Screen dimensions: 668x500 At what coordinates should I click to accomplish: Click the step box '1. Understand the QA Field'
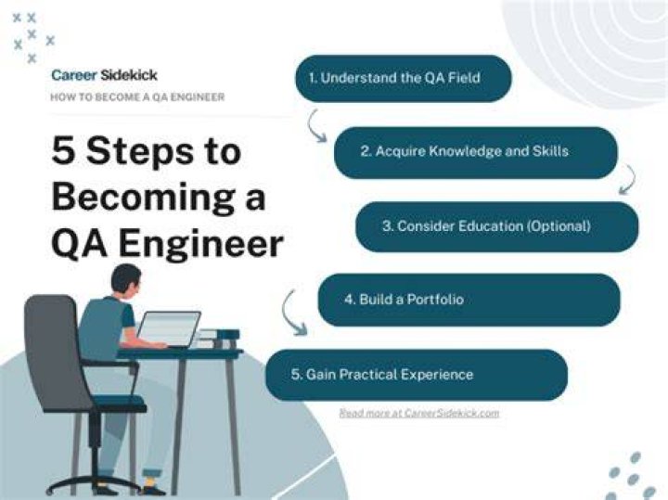tap(404, 78)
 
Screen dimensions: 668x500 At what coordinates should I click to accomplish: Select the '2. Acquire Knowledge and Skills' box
tap(475, 152)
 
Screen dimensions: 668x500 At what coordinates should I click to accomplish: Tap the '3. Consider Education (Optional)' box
tap(496, 226)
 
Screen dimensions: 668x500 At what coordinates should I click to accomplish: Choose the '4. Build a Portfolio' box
tap(469, 300)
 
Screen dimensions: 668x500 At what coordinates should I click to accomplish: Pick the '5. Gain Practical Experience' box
tap(417, 375)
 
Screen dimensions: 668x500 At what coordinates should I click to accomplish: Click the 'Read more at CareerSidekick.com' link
tap(419, 413)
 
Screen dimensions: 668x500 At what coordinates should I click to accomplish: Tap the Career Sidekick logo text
tap(104, 75)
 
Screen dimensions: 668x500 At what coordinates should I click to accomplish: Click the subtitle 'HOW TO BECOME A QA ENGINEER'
tap(137, 97)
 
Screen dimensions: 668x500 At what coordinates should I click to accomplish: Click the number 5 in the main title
tap(63, 151)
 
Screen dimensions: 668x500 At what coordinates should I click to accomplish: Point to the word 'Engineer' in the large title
tap(200, 245)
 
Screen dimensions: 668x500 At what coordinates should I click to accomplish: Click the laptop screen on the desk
tap(168, 328)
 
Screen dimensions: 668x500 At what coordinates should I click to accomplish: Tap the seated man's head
tap(125, 281)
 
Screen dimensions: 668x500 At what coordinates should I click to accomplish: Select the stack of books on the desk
tap(217, 339)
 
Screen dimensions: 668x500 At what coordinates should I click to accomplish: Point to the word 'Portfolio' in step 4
tap(435, 300)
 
